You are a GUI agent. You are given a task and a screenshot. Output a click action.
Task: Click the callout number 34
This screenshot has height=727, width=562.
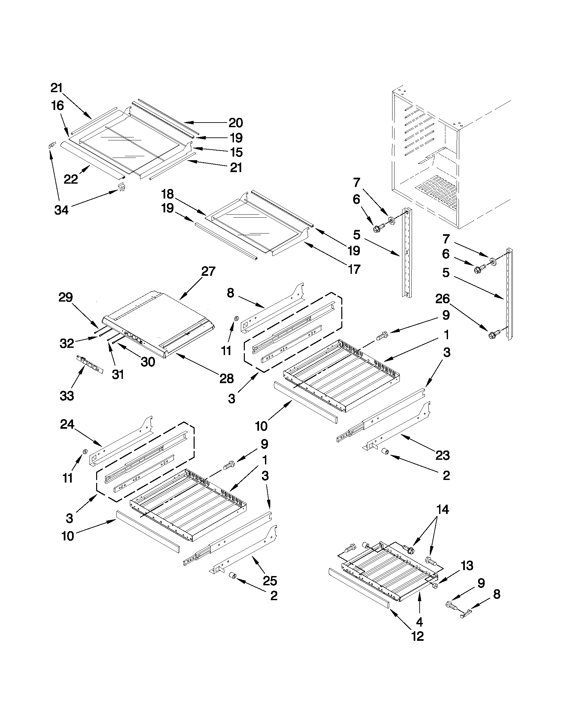pos(61,210)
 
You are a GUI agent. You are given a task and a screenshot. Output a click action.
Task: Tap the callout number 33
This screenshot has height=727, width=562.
pos(67,396)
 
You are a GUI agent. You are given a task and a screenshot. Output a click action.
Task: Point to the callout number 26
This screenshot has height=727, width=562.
pos(442,299)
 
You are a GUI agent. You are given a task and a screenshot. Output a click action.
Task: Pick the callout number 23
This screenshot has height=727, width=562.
pos(442,455)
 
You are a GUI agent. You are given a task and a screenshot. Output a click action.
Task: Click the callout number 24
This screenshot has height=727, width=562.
pos(67,424)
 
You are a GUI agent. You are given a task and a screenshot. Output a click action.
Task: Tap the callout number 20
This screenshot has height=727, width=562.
pos(235,123)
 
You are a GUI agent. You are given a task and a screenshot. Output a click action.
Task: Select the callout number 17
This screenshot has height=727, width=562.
pos(354,269)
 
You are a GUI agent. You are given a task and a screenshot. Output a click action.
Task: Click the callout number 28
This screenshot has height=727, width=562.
pos(226,379)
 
